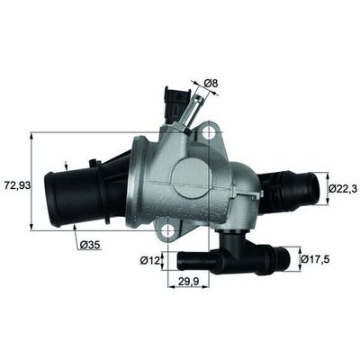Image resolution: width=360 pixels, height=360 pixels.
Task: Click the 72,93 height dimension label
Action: coord(15,185)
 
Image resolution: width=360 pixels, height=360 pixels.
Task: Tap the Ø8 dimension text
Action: coord(213,85)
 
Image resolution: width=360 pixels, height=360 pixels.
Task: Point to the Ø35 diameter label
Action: coord(89,245)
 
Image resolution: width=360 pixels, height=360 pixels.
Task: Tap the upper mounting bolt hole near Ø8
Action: coord(209,133)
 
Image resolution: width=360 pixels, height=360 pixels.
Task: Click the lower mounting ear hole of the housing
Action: coord(168,232)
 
